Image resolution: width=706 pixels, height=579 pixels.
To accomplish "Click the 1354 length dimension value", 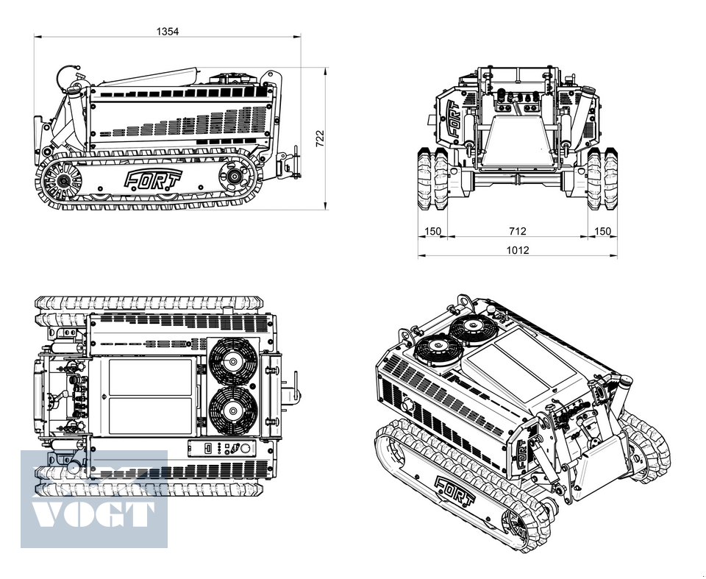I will click(x=168, y=31).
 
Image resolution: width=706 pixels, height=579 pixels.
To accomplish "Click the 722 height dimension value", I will click(x=320, y=138).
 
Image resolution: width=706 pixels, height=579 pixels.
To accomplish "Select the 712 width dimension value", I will click(x=517, y=232).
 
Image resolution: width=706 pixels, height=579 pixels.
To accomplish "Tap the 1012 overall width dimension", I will click(x=517, y=250).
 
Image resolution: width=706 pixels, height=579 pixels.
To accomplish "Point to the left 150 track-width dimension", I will click(x=432, y=232).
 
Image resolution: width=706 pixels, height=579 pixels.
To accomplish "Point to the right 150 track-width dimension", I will click(x=602, y=232).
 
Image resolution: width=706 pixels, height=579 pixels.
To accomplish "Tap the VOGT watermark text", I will click(x=93, y=513).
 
